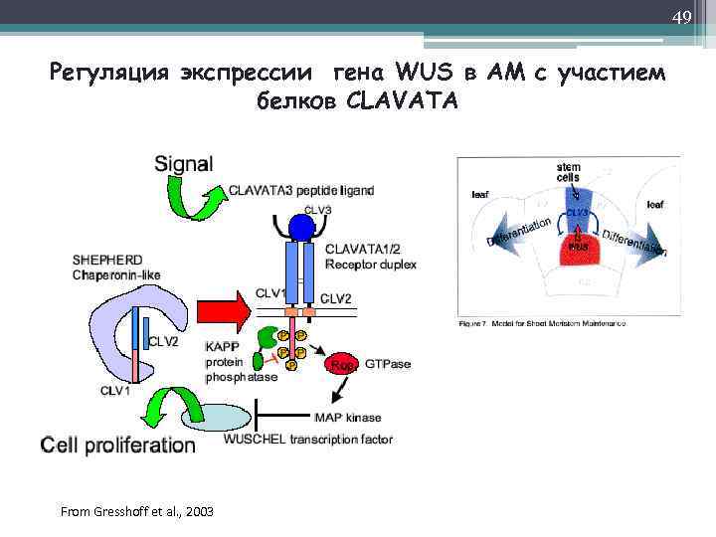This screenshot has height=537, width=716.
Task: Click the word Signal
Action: point(183,163)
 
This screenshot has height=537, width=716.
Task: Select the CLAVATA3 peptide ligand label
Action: point(301,190)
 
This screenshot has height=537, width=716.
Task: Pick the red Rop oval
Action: point(343,364)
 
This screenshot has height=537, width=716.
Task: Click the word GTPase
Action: point(388,364)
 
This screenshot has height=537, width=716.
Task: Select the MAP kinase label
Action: point(347,418)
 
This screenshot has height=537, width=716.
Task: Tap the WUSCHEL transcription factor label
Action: point(308,439)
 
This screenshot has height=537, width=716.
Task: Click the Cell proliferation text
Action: point(117,446)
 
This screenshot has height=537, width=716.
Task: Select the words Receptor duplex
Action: point(371,265)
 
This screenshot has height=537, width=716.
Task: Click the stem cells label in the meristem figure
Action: point(569,173)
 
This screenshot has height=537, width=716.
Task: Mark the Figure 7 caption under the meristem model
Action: point(542,324)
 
